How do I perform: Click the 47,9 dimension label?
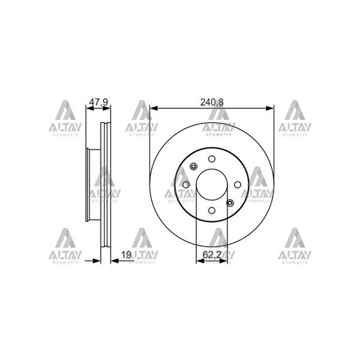click(x=98, y=102)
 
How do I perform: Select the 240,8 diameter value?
click(x=212, y=102)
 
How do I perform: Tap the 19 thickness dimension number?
click(x=126, y=254)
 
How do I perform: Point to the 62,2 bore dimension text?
click(x=212, y=254)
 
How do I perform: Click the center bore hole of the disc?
click(x=212, y=185)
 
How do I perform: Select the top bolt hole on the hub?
click(x=212, y=159)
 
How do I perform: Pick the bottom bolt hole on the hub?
click(x=212, y=211)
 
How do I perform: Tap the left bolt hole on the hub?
click(x=186, y=185)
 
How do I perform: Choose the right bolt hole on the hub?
click(x=238, y=185)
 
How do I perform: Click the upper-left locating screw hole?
click(x=194, y=166)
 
